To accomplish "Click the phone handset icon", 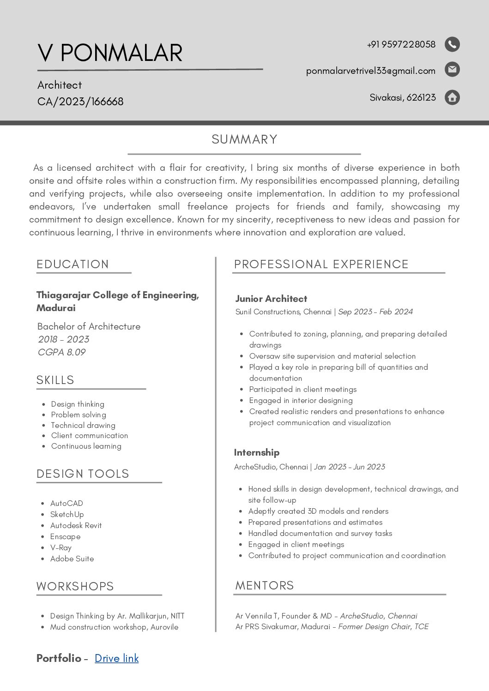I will point(452,44).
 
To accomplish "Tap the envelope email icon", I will point(452,69).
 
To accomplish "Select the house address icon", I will point(452,97).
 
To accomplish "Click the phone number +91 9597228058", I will point(401,44).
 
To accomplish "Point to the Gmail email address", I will point(370,71).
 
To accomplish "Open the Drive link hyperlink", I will point(116,658).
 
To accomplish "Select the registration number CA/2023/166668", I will point(80,102).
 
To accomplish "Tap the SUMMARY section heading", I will point(244,139).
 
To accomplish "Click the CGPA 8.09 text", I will point(62,352).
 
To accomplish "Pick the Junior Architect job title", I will point(271,299).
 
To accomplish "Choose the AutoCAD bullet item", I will point(66,503).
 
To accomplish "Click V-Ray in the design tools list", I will point(61,547).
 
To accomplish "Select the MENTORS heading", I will point(265,585).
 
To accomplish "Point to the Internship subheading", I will point(257,452).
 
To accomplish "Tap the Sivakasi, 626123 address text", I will point(403,97).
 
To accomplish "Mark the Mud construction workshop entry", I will point(114,627).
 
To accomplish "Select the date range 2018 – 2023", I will point(64,339).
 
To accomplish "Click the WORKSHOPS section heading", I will point(75,586).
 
